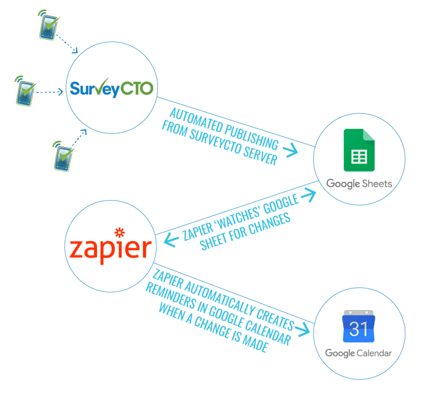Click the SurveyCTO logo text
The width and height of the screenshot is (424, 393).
pyautogui.click(x=111, y=88)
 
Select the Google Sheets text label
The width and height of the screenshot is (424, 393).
pyautogui.click(x=359, y=183)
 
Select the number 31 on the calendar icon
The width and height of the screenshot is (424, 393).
pyautogui.click(x=359, y=329)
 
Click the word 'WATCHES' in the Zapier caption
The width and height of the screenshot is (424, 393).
pyautogui.click(x=242, y=213)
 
